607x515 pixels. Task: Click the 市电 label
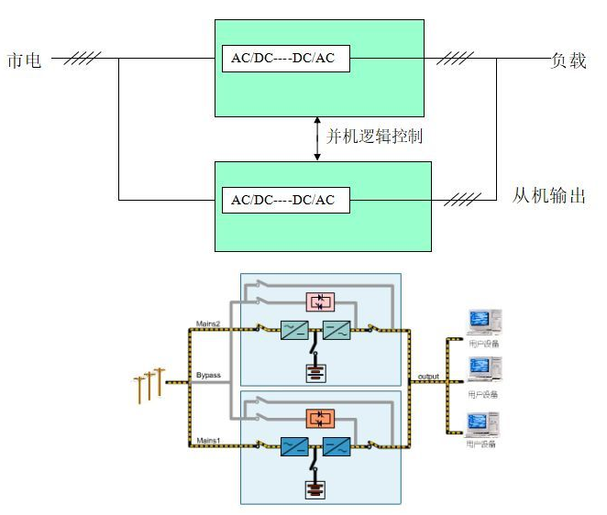[26, 61]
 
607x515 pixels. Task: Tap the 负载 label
[568, 61]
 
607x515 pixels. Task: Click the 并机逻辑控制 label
[374, 137]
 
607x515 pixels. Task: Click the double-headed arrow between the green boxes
[317, 137]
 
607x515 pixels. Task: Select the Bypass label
[209, 375]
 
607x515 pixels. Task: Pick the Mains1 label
[208, 441]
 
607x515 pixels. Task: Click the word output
[429, 376]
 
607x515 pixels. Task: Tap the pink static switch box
[320, 301]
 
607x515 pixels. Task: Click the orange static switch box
[320, 419]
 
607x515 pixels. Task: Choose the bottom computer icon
[483, 426]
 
